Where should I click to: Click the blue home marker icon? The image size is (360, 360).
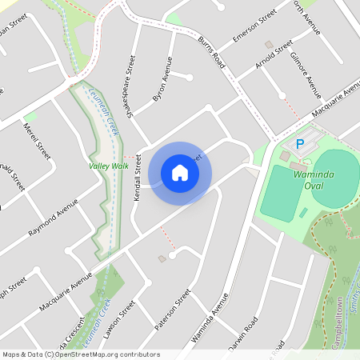click(x=180, y=173)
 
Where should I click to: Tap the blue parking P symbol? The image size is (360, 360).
click(x=300, y=144)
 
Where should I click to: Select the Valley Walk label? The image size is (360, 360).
click(x=109, y=166)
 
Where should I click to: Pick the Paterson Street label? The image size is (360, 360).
click(x=173, y=309)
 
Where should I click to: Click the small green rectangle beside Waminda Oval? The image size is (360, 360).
click(x=303, y=212)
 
